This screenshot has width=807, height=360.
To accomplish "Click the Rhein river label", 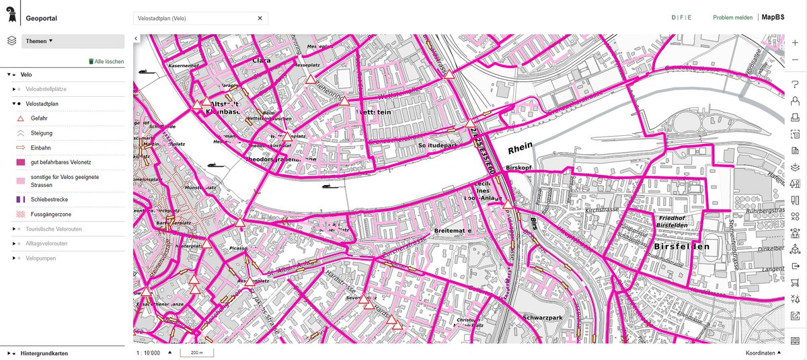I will [521, 149].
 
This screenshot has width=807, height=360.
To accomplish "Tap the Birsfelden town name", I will [681, 247].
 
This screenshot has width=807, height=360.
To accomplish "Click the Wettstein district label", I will [375, 112].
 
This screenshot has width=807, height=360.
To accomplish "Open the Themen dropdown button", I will [73, 41].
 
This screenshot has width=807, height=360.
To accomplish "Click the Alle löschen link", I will [106, 61].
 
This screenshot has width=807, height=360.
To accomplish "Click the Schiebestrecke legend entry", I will [54, 200].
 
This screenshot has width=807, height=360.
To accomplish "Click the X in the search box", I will [260, 18].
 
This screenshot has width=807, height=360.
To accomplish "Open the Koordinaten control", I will [764, 353].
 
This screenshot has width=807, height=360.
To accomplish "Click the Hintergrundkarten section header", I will [44, 353].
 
